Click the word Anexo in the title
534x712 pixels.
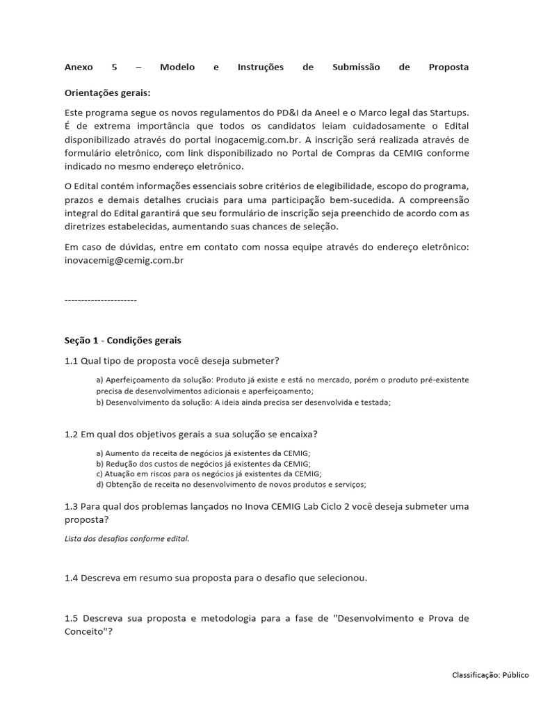[78, 67]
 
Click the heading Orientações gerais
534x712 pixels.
[107, 92]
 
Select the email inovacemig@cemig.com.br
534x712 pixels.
[124, 260]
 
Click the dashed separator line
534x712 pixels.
[100, 300]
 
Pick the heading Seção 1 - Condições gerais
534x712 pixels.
[122, 340]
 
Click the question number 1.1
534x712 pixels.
[71, 360]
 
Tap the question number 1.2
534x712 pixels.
[71, 434]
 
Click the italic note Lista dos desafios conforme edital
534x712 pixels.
[127, 538]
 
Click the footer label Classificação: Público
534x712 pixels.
[490, 674]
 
